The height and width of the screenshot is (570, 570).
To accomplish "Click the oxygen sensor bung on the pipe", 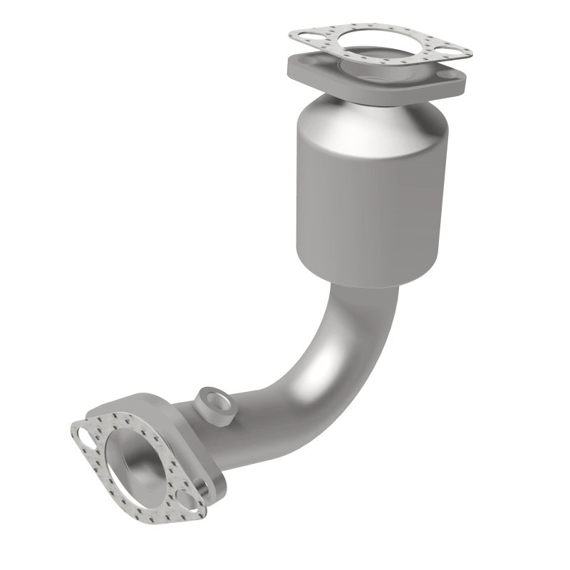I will click(x=212, y=400).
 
